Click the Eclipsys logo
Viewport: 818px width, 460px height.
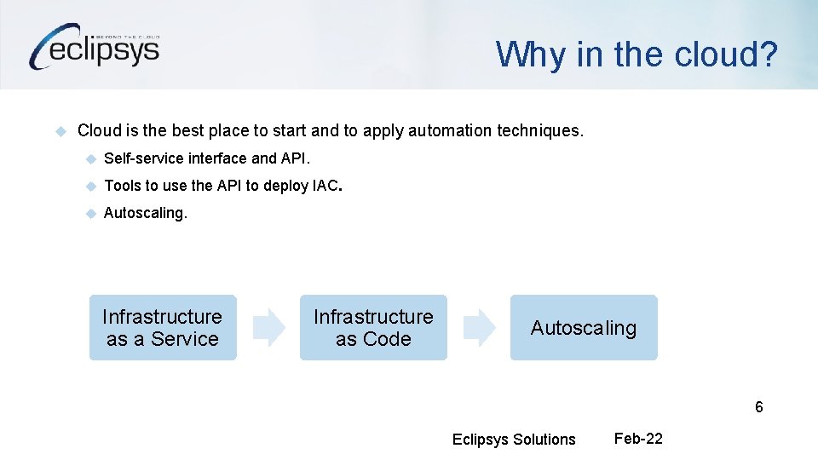tap(94, 47)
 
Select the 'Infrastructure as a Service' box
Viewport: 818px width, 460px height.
tap(162, 328)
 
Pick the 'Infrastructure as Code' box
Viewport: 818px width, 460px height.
tap(372, 328)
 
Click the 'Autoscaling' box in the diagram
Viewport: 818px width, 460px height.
tap(584, 328)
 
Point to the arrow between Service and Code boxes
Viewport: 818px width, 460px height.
tap(270, 328)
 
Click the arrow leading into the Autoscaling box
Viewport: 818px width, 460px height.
tap(479, 328)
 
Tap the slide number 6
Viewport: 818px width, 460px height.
tap(758, 407)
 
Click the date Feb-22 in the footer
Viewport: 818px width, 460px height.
tap(638, 439)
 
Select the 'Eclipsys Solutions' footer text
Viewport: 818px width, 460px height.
tap(514, 440)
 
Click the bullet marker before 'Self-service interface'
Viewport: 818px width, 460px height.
tap(90, 158)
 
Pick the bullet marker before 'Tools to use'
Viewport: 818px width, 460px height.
tap(90, 186)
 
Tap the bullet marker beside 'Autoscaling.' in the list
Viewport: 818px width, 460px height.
tap(90, 213)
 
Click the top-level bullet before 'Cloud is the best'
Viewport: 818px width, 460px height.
tap(60, 131)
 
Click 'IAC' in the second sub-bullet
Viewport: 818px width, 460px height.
tap(325, 186)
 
